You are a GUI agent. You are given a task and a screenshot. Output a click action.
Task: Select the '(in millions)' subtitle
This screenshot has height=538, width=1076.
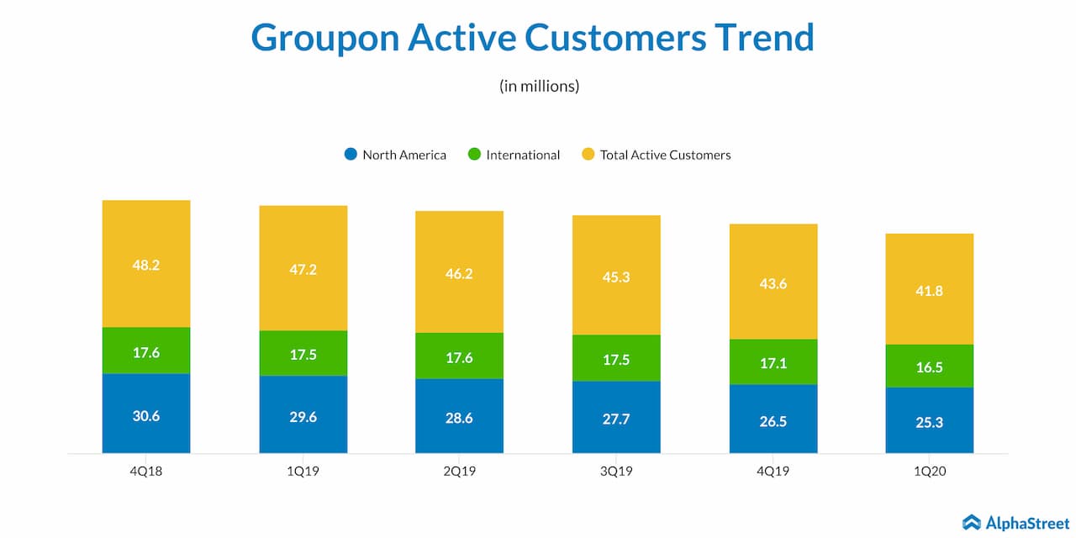[x=539, y=86]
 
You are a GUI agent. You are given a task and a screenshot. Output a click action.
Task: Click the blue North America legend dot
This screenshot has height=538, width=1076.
[x=351, y=155]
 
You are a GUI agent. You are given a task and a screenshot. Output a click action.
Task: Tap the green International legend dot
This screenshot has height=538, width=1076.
[x=474, y=155]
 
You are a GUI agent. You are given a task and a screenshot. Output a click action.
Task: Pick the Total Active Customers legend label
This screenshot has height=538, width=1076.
[x=665, y=155]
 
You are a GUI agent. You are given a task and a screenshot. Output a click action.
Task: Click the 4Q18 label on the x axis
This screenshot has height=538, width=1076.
[x=146, y=472]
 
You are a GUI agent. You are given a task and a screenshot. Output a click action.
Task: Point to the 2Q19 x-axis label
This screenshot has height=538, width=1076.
[x=460, y=472]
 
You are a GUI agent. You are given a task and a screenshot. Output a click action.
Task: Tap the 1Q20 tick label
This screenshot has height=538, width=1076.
[x=930, y=472]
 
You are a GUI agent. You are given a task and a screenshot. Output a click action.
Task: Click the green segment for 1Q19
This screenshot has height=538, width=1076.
[x=303, y=353]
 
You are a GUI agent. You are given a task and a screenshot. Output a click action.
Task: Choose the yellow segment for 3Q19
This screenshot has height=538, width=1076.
[x=616, y=275]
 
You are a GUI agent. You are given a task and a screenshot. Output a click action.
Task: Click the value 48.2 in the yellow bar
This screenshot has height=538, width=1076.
[x=146, y=265]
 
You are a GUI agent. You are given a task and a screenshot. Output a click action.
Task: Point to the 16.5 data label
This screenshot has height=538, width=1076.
[x=930, y=367]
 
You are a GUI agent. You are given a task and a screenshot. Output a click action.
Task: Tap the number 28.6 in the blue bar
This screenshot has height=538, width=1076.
[x=460, y=417]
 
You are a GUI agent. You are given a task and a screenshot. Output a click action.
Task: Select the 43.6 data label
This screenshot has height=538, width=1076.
[x=773, y=284]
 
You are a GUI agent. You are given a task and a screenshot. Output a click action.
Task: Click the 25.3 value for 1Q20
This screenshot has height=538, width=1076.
[x=930, y=422]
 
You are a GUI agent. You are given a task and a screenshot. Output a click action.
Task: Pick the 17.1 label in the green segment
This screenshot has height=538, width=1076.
[x=773, y=363]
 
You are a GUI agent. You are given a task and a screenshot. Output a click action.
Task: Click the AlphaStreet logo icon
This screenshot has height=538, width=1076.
[x=972, y=523]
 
